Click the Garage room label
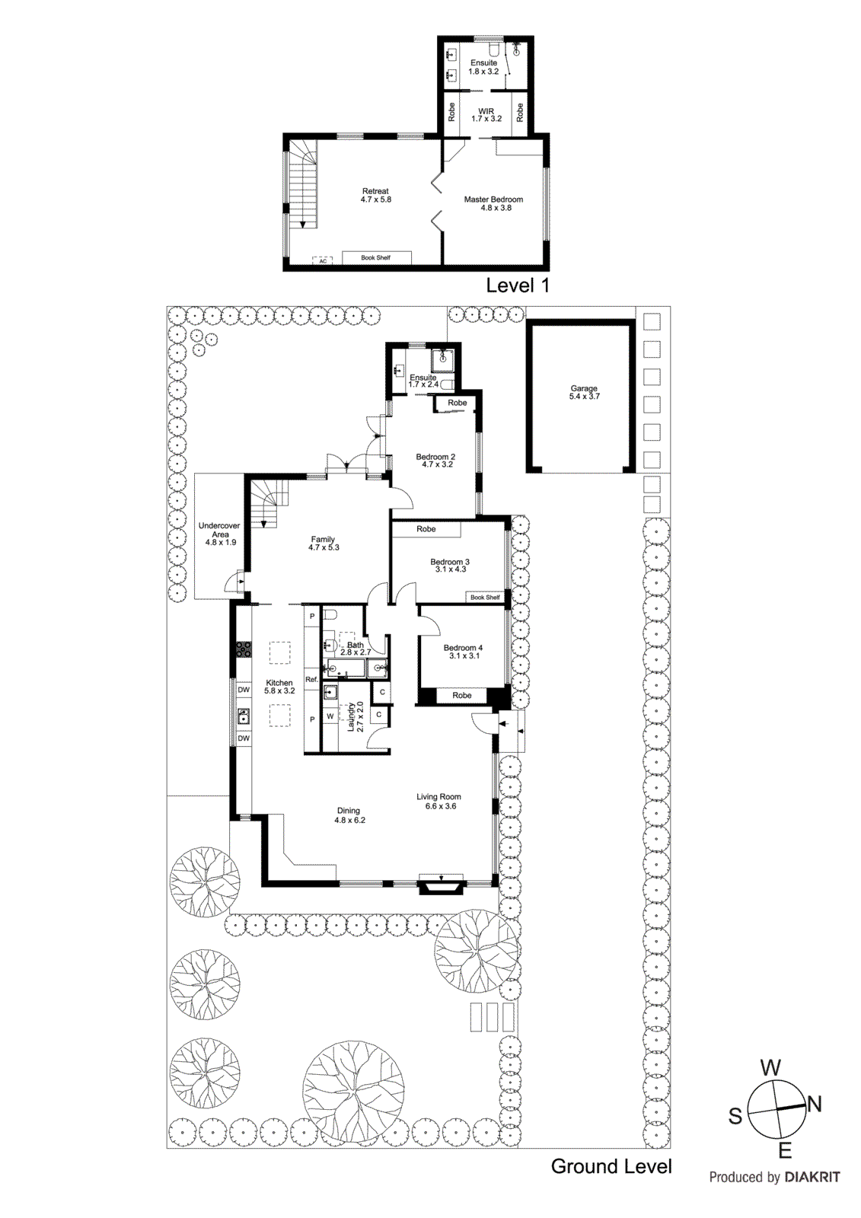584,388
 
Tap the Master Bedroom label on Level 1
493,199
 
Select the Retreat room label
375,192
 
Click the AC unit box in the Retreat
323,261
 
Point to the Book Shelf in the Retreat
376,258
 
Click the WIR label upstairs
486,112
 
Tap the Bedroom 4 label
463,648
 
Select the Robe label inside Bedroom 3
426,529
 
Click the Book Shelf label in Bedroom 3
485,598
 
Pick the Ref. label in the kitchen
311,679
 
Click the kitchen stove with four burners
243,649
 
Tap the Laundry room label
352,717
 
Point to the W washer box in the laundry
330,716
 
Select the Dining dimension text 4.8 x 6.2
349,821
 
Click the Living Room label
438,797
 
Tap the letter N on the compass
814,1105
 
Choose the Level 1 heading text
518,286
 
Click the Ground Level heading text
611,1167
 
